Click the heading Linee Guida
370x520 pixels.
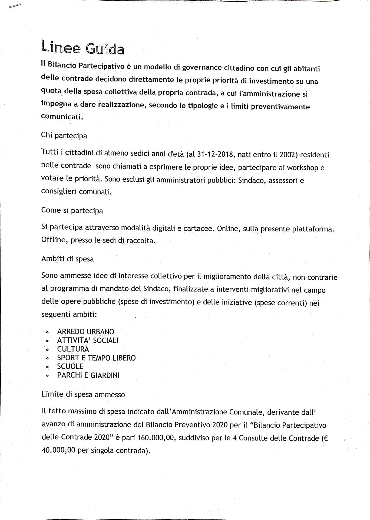pos(83,48)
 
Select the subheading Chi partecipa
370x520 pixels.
pos(64,135)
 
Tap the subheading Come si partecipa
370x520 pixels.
pos(72,210)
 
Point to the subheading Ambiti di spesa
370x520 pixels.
pos(68,259)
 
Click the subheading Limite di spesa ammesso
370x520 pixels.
pos(83,394)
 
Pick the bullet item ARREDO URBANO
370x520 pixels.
pos(85,332)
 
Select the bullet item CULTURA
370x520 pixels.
pos(73,349)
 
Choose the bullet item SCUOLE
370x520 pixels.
pos(70,367)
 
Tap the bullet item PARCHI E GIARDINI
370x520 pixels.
pos(88,375)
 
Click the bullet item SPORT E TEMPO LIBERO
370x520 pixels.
pos(96,358)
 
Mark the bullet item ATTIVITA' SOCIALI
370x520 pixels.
pos(88,340)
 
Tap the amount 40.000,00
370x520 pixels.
pos(58,450)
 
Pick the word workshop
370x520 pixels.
pos(302,168)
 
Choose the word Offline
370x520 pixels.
pos(54,240)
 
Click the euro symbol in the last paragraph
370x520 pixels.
pos(325,439)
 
